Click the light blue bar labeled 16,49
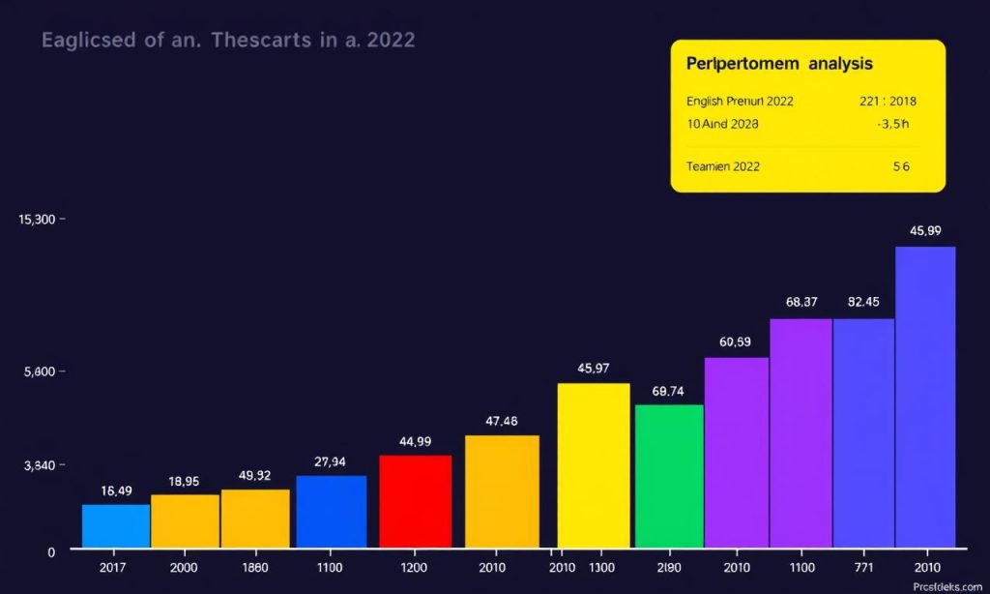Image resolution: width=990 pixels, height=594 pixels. (x=116, y=525)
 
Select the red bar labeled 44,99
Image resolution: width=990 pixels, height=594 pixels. (x=415, y=501)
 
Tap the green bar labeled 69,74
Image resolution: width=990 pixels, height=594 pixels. (x=669, y=476)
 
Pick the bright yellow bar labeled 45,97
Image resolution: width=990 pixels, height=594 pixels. (x=594, y=465)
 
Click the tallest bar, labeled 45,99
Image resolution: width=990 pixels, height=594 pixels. (x=925, y=397)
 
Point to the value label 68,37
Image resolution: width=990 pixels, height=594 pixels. (x=801, y=302)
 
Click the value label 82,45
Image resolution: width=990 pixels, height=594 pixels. (x=863, y=302)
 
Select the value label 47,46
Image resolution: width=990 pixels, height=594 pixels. (x=502, y=421)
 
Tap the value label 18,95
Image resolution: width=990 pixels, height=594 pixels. (x=184, y=481)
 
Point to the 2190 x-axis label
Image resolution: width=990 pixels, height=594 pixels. (x=669, y=567)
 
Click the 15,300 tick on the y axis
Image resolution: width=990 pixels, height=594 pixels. (x=38, y=220)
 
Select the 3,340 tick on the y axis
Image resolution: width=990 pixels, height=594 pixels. (x=38, y=465)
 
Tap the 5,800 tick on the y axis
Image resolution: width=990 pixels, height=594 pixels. (x=38, y=371)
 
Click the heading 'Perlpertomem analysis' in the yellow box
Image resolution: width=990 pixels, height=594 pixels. (x=779, y=64)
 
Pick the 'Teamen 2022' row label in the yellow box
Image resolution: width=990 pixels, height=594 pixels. (x=723, y=166)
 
